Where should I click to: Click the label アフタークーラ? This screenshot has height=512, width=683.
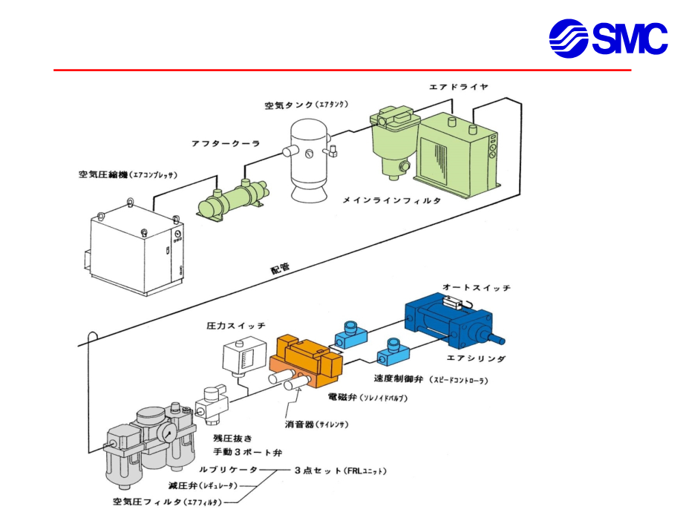pyautogui.click(x=226, y=144)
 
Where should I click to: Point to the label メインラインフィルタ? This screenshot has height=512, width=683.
pyautogui.click(x=391, y=200)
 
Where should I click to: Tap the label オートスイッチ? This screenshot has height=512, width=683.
pyautogui.click(x=476, y=287)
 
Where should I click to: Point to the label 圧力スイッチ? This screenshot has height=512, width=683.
pyautogui.click(x=235, y=326)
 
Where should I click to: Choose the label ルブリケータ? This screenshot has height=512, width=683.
pyautogui.click(x=228, y=470)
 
